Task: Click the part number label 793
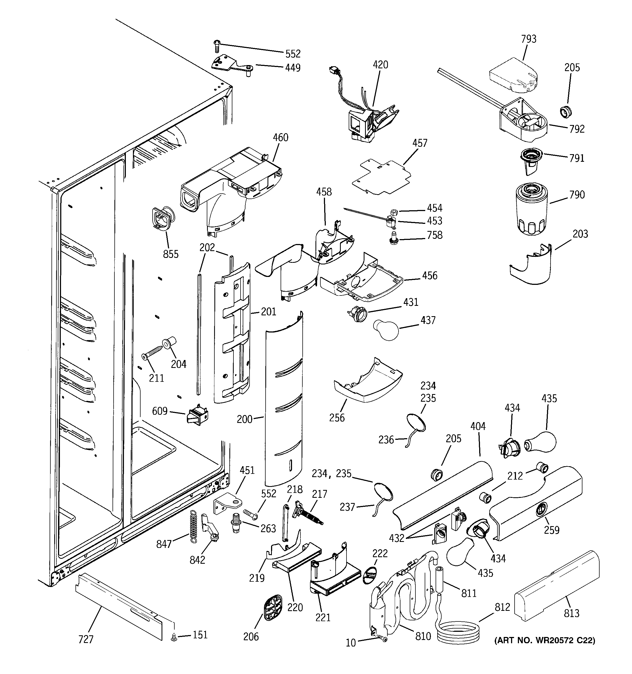tap(528, 39)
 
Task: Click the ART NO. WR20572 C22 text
tap(545, 641)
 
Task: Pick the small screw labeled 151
tap(175, 638)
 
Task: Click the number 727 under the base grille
tap(86, 639)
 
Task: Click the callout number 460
tap(280, 138)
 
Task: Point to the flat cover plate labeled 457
tap(382, 176)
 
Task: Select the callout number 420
tap(380, 65)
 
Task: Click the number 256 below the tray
tap(336, 418)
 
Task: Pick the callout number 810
tap(423, 636)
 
